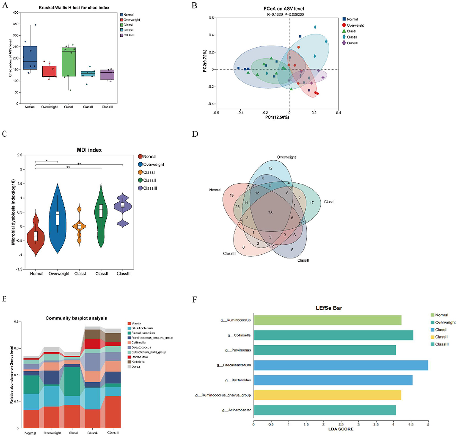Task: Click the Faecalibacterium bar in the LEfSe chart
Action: (341, 365)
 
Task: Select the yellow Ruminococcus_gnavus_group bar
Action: (327, 395)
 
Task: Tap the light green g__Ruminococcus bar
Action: (327, 320)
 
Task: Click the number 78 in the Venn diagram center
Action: (270, 213)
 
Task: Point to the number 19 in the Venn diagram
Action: (231, 196)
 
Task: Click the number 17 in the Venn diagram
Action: (312, 203)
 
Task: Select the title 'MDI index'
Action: (89, 150)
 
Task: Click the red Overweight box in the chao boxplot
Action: (49, 72)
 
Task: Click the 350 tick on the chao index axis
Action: (15, 24)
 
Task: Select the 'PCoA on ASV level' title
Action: (284, 9)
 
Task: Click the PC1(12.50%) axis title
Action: (277, 117)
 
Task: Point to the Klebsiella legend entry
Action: (138, 362)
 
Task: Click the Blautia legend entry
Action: (136, 323)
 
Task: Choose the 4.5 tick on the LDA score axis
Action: (411, 425)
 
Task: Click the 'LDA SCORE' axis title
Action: (341, 429)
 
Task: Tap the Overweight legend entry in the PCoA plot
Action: (355, 25)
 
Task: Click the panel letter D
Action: (195, 134)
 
